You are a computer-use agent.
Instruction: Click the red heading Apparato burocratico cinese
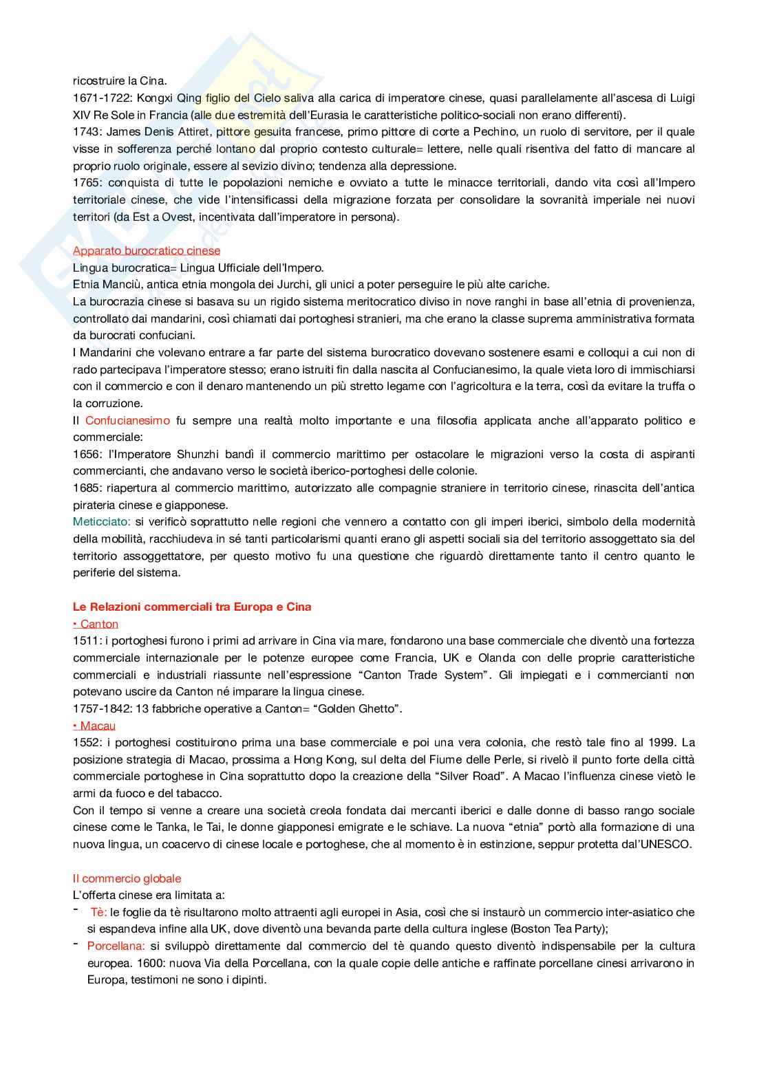[147, 250]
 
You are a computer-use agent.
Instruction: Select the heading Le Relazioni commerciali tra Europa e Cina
[192, 607]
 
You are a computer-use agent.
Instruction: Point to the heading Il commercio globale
[127, 878]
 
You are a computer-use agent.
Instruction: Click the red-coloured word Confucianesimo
[127, 420]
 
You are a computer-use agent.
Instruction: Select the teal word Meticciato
[101, 522]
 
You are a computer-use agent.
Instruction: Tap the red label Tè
[98, 912]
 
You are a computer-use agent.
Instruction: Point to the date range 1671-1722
[101, 98]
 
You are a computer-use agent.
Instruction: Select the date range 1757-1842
[101, 708]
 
